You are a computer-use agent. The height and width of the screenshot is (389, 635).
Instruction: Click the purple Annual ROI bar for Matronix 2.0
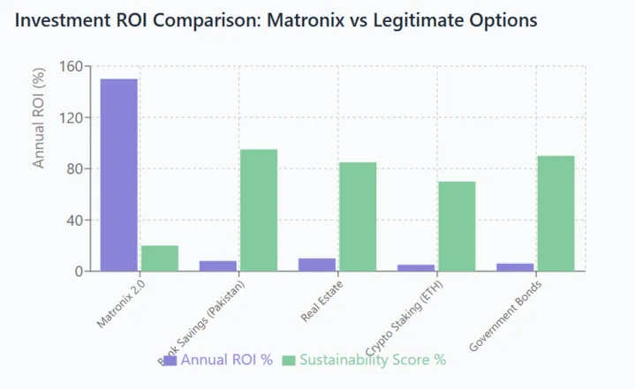[118, 175]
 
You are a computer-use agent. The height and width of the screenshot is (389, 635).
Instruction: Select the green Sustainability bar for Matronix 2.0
[160, 258]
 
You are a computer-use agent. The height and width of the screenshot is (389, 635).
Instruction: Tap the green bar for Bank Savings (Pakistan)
[259, 210]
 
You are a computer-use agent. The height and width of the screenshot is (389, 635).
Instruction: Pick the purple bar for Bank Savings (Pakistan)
[217, 266]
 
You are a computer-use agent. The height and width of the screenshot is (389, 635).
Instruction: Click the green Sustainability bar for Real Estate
[358, 217]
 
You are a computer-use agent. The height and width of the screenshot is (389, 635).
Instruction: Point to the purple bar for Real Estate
[316, 265]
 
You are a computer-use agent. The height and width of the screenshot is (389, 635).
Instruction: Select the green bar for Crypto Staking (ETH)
[457, 227]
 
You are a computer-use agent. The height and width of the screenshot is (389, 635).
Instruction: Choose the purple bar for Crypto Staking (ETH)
[415, 267]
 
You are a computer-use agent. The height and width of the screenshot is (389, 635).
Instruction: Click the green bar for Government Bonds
[556, 213]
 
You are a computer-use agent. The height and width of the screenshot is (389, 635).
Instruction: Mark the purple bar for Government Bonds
[514, 267]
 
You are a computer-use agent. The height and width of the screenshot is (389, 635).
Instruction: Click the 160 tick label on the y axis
[71, 67]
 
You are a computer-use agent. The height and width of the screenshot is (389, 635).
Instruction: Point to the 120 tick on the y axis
[71, 118]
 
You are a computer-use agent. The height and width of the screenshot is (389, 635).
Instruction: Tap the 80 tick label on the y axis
[74, 169]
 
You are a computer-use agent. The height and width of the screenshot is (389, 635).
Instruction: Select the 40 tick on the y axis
[74, 221]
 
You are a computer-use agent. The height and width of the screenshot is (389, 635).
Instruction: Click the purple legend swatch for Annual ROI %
[170, 360]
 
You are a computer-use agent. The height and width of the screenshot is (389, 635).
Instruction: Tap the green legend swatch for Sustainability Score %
[289, 360]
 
